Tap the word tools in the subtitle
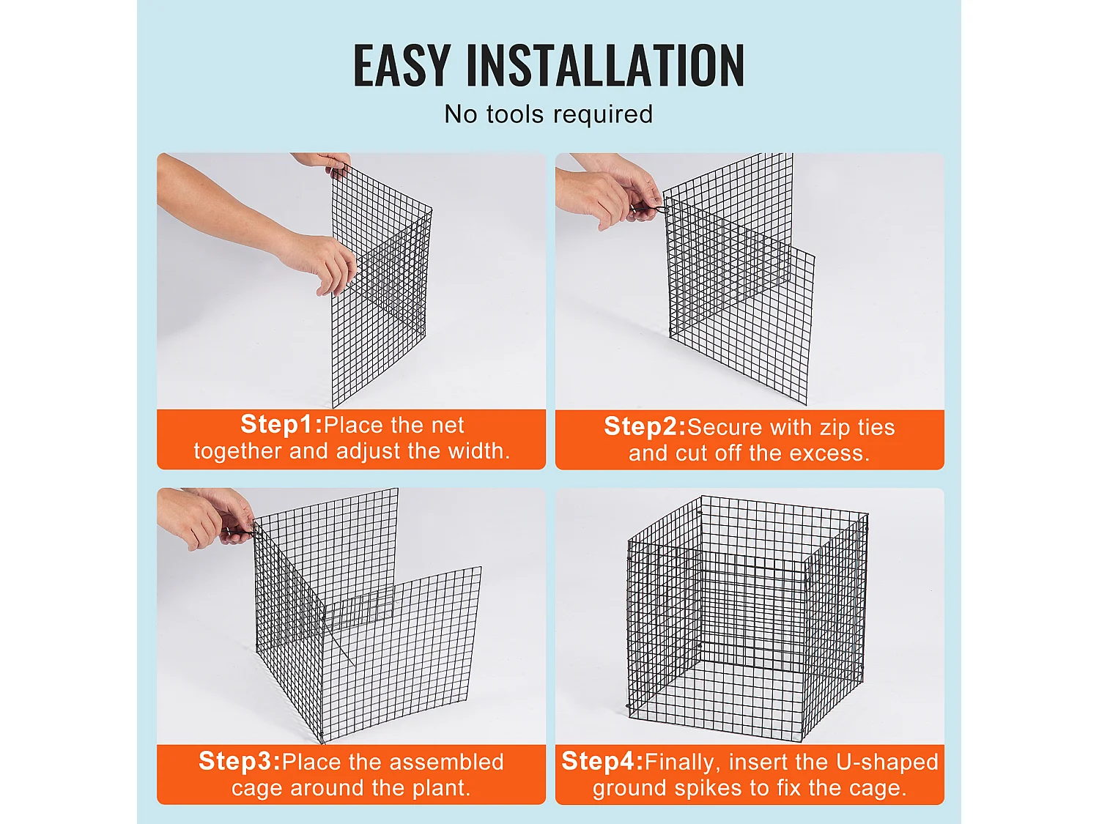(517, 114)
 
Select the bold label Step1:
(281, 424)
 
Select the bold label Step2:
(645, 426)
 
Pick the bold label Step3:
(240, 761)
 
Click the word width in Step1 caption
(478, 450)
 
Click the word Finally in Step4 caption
(678, 762)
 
